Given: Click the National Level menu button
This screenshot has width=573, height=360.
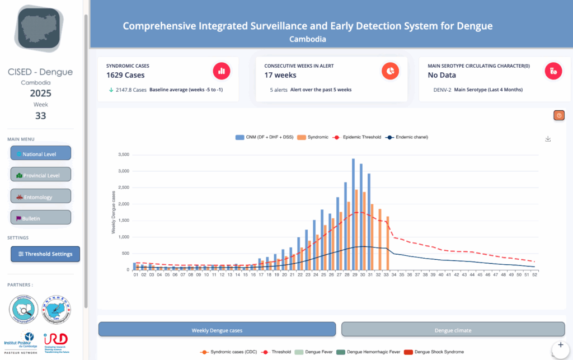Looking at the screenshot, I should [x=40, y=153].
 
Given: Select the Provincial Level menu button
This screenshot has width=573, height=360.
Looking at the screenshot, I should [x=40, y=175].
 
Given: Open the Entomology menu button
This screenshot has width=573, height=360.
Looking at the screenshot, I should [x=40, y=196].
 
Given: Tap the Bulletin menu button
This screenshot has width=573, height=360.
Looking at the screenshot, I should [x=40, y=217].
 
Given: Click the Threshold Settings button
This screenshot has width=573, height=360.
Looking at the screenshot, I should [x=45, y=254].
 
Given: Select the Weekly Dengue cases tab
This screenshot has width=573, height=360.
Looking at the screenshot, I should [x=217, y=330].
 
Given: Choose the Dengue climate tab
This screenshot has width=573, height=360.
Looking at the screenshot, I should [x=453, y=330].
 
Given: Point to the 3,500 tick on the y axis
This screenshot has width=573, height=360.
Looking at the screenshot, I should [x=121, y=155].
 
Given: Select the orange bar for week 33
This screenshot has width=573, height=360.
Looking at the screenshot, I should [x=388, y=243].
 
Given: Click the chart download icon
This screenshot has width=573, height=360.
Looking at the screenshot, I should [x=548, y=139].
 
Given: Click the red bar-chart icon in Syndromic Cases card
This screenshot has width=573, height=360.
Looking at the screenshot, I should [x=222, y=71].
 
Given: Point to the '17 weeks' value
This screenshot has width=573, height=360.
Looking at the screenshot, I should [x=280, y=75].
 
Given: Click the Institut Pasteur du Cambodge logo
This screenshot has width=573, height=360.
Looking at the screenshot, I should [x=21, y=342].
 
